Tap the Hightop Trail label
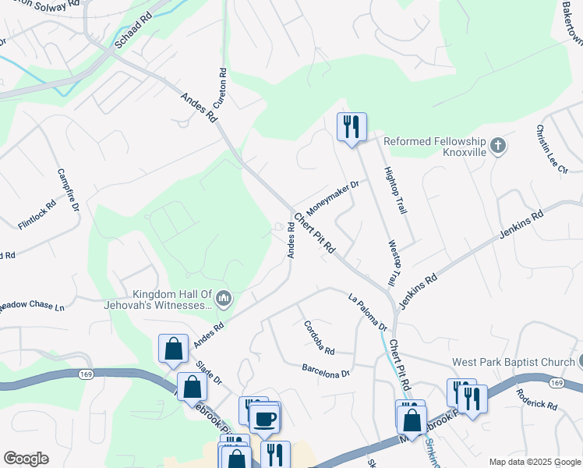391,191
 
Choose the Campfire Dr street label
69,190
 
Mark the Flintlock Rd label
37,214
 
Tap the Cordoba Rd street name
319,337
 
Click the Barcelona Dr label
326,370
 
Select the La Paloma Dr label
367,310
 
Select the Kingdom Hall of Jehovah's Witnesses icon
224,297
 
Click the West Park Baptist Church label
513,363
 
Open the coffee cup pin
264,418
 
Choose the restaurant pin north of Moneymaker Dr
352,127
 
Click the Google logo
26,459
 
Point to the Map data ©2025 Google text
534,462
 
